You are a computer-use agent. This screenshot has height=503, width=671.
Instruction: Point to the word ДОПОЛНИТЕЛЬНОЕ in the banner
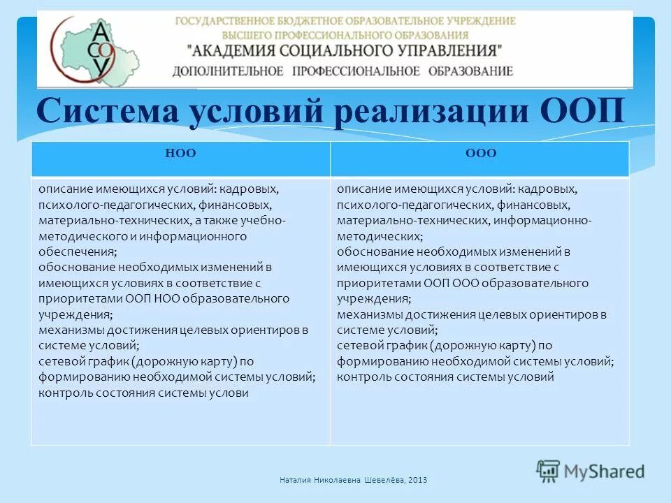click(x=228, y=71)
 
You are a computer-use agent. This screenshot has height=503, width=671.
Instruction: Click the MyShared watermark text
click(x=605, y=471)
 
